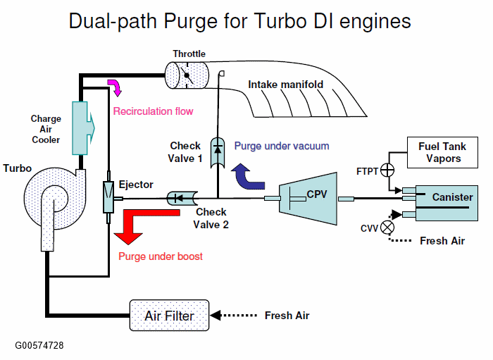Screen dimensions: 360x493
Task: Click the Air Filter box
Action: click(169, 316)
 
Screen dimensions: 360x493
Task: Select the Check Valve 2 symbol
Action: click(180, 199)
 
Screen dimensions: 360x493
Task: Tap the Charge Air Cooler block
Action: click(81, 127)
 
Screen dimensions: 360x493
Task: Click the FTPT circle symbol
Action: click(387, 170)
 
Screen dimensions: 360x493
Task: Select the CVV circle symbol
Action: click(387, 227)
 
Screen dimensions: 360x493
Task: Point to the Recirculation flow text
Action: click(153, 111)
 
